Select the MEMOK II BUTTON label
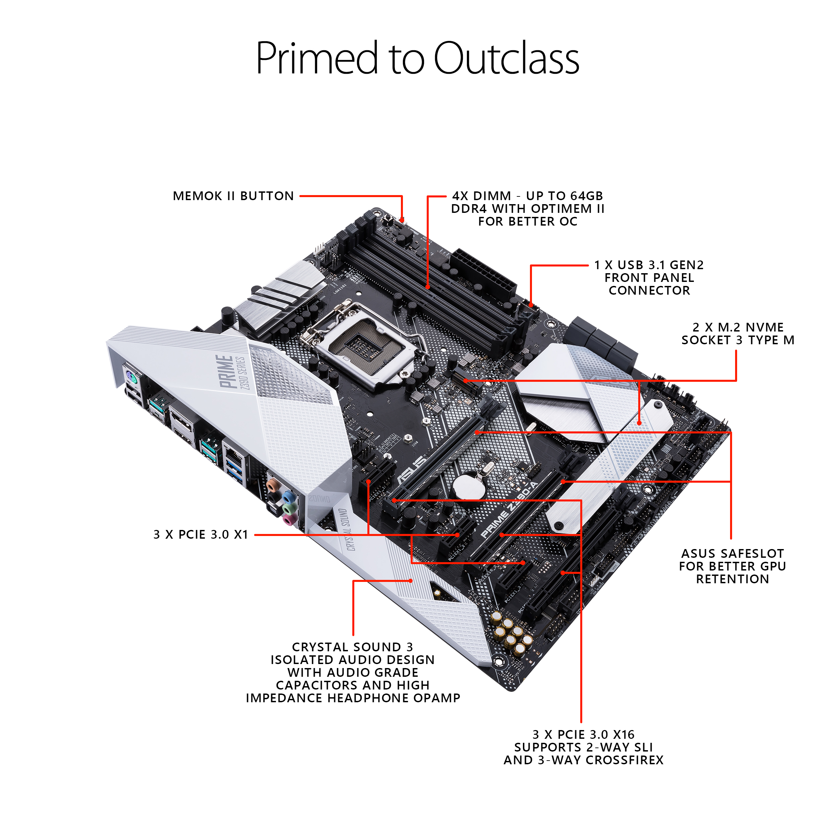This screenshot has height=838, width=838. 233,196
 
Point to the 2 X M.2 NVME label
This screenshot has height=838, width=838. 737,327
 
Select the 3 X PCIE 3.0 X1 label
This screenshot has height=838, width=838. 201,534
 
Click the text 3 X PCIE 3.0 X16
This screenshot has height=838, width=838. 583,734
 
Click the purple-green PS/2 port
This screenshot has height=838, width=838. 131,379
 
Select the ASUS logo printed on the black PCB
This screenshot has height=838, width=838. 412,470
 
